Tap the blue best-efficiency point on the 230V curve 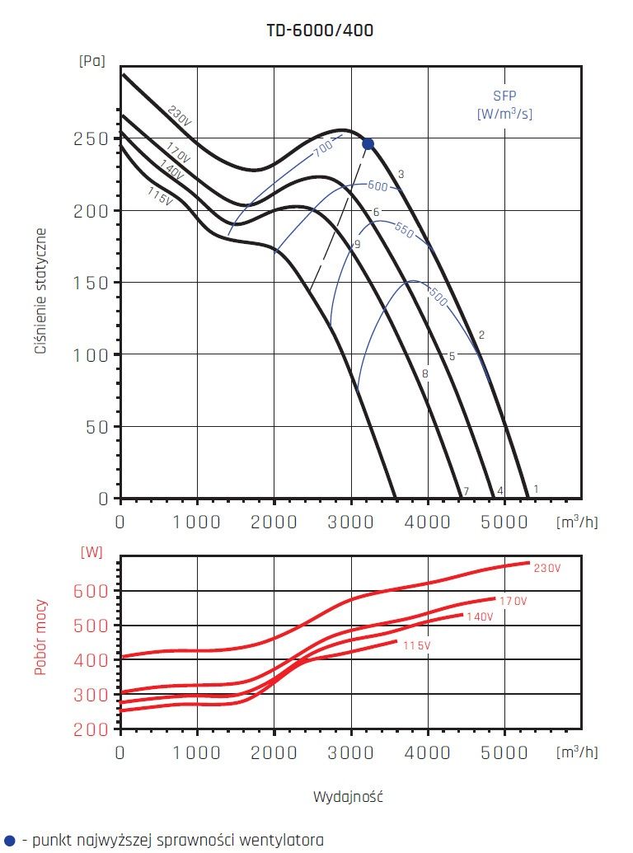click(x=368, y=144)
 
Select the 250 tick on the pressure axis click(x=92, y=138)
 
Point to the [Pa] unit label click(x=91, y=60)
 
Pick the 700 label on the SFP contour click(x=322, y=149)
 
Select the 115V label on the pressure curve click(x=159, y=198)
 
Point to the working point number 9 click(x=357, y=245)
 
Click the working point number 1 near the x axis click(x=536, y=489)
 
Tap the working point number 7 click(x=466, y=492)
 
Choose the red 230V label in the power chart click(x=546, y=569)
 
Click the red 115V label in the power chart click(x=416, y=646)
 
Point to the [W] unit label click(x=91, y=552)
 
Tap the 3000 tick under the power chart click(x=351, y=752)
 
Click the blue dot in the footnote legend click(x=9, y=841)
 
